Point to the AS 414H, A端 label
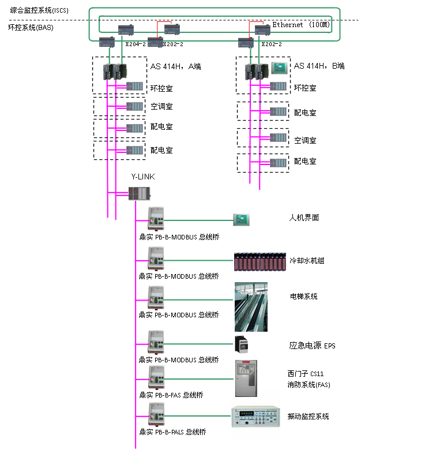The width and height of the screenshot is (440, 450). point(176,66)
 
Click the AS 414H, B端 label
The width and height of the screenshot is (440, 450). point(319,66)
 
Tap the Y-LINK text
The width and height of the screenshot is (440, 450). point(144,177)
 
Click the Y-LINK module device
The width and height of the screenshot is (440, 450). point(139,195)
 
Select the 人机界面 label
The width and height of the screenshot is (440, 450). point(303,218)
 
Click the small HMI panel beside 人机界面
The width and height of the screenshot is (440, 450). point(240,219)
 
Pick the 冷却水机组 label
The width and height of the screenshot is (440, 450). point(307,261)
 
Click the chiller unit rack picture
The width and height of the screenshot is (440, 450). point(260,261)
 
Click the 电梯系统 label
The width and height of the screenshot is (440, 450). point(303,297)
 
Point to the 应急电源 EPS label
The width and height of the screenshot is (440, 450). point(312,346)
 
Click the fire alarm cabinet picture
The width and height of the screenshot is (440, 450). point(246,378)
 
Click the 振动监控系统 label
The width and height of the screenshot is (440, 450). point(309,417)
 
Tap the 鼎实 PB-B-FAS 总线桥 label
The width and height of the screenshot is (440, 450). point(171,395)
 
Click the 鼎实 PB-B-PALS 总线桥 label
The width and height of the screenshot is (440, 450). point(172,432)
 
